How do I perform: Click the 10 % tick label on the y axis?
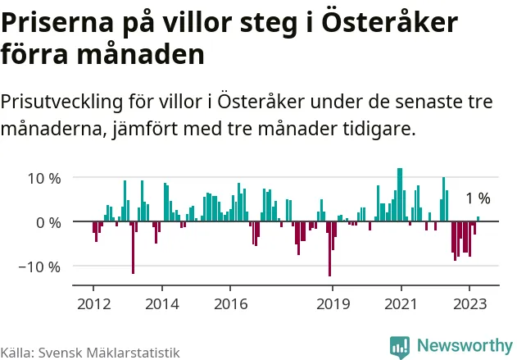(43, 177)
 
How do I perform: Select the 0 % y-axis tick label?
(48, 222)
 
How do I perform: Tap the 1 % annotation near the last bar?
(478, 198)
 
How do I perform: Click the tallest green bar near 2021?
(400, 195)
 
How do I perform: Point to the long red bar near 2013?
(133, 247)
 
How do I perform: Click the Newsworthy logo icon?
(400, 346)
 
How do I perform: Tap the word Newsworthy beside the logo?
(463, 346)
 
